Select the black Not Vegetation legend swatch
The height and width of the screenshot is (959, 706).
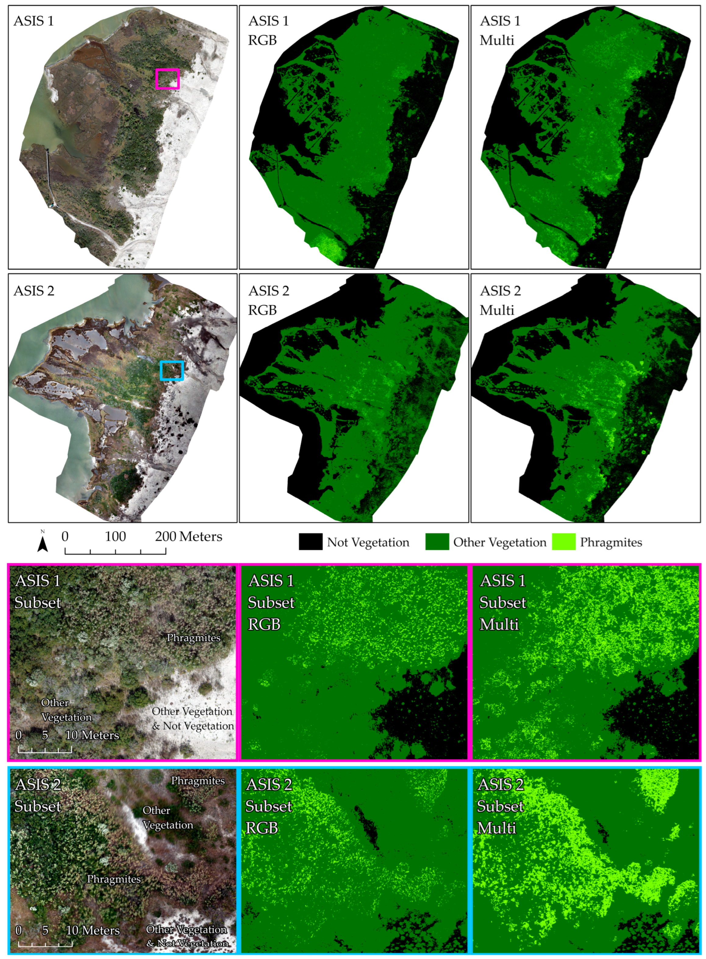[x=310, y=542]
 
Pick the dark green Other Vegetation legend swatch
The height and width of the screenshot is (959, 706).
[x=437, y=542]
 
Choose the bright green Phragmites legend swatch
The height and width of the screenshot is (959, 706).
[x=563, y=542]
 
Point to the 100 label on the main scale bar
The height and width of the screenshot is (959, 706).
[x=116, y=537]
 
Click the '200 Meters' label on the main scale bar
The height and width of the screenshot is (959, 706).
[x=188, y=537]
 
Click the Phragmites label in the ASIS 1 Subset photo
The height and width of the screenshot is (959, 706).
[x=194, y=638]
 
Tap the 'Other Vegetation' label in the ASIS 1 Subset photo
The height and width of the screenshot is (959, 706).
[x=66, y=710]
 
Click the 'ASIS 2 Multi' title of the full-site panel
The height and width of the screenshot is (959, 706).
[x=500, y=300]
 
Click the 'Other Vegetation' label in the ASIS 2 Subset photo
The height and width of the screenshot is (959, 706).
[x=168, y=817]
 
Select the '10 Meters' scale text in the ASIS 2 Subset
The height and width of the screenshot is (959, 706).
[x=92, y=930]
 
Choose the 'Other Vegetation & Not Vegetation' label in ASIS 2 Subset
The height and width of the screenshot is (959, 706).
[x=187, y=936]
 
